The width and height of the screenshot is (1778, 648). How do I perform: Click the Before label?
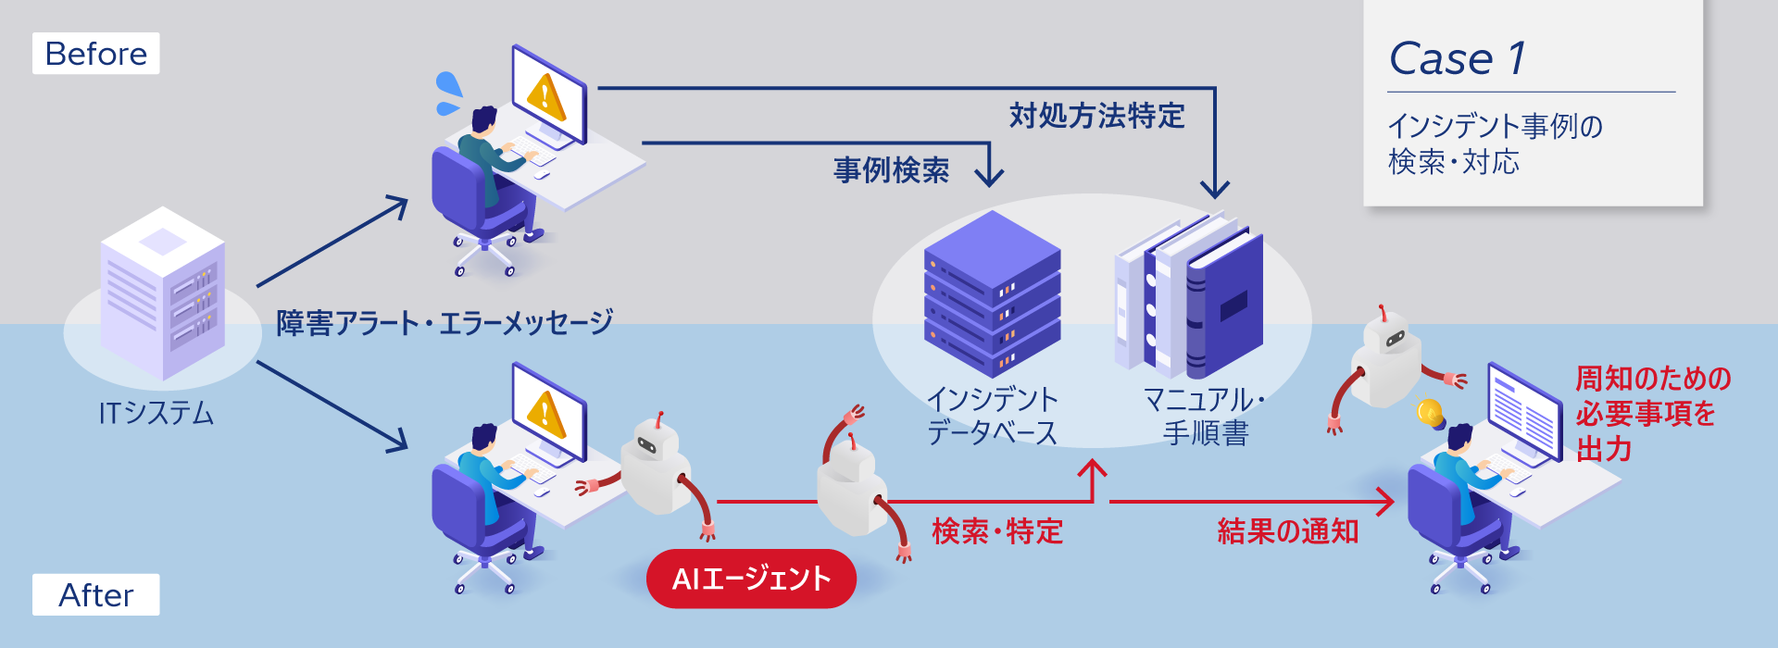click(x=95, y=54)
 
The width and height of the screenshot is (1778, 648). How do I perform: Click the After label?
click(x=95, y=594)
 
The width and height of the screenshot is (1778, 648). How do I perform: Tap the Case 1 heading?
click(x=1458, y=59)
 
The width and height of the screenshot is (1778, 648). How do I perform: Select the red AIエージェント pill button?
click(x=751, y=579)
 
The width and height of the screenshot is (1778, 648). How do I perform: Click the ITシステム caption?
click(x=156, y=412)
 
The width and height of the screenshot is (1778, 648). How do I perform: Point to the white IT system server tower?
click(x=163, y=294)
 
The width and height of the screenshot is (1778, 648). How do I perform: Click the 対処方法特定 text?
click(x=1096, y=116)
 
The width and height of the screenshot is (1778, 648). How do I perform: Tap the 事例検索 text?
click(x=891, y=170)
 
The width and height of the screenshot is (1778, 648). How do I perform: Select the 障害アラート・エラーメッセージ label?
click(x=444, y=322)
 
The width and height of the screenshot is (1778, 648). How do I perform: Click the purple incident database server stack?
click(x=992, y=293)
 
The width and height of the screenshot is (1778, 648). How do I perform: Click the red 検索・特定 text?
click(x=996, y=531)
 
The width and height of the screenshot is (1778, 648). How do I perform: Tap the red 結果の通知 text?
click(x=1287, y=531)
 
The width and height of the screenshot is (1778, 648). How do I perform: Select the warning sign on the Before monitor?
click(x=545, y=95)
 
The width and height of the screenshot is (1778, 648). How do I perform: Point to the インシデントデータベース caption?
click(x=992, y=416)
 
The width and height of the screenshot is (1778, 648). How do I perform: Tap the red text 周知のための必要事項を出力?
click(x=1652, y=414)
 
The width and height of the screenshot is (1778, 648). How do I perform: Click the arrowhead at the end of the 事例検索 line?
click(x=990, y=176)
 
